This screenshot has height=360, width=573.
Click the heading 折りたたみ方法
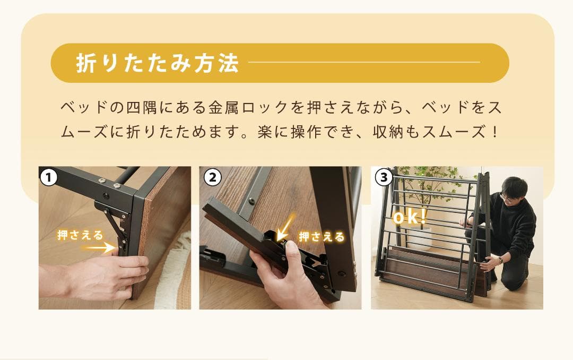pyautogui.click(x=158, y=63)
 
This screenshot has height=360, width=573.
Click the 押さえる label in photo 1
pyautogui.click(x=80, y=235)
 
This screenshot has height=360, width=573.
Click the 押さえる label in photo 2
pyautogui.click(x=322, y=237)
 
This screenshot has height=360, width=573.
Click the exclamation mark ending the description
pyautogui.click(x=495, y=132)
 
